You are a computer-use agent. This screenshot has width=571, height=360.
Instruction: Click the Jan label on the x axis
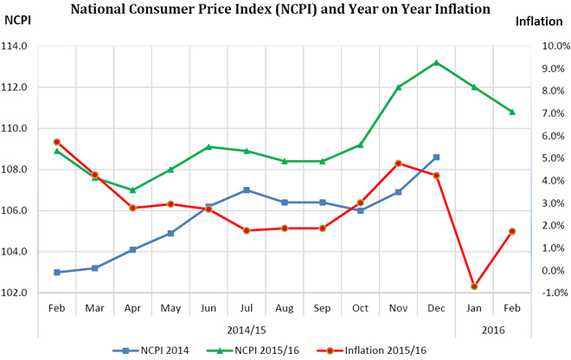tap(473, 307)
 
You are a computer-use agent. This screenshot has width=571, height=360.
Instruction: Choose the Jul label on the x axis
tap(247, 307)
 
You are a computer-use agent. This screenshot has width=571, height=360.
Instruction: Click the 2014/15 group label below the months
tap(247, 330)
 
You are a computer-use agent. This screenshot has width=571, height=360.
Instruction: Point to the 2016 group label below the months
tap(492, 330)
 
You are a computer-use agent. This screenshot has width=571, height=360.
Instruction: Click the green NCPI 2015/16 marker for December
tap(436, 62)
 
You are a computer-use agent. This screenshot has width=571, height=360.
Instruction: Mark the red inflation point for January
tap(474, 286)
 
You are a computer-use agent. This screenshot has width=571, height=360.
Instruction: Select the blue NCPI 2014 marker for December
tap(436, 157)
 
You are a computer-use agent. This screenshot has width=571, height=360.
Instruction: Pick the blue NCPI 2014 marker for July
tap(247, 190)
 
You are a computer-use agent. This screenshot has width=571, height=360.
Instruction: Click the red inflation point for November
tap(398, 163)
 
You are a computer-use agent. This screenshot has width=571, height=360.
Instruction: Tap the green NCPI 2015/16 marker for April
tap(132, 190)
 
